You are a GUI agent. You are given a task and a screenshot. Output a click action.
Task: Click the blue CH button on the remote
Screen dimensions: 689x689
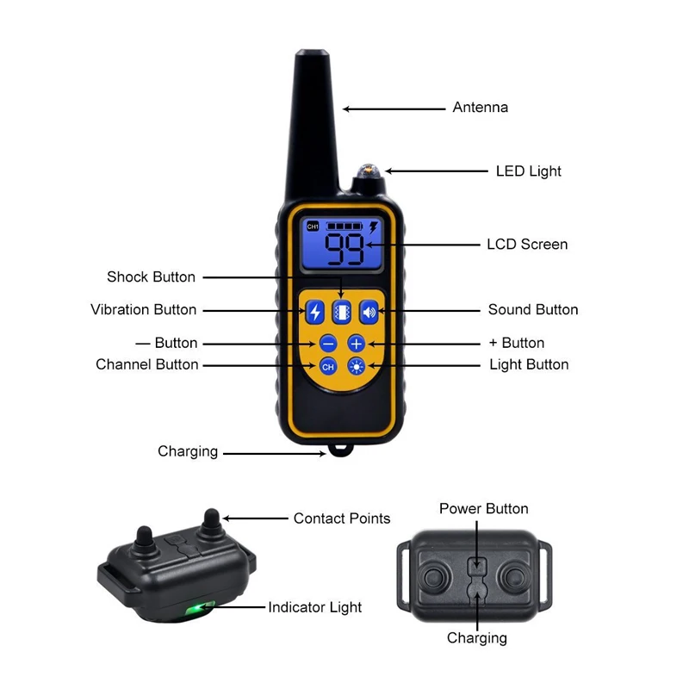[x=327, y=366]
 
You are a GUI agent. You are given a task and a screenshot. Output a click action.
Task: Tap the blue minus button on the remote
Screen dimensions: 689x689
[x=327, y=344]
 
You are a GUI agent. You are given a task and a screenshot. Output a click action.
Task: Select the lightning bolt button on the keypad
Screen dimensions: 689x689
[x=315, y=311]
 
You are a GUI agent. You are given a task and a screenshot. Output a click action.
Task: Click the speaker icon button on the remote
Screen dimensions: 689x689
[x=369, y=311]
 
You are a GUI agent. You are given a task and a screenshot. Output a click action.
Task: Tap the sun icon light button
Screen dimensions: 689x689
[x=357, y=366]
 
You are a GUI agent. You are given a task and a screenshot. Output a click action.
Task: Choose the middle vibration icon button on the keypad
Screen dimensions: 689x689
[x=342, y=311]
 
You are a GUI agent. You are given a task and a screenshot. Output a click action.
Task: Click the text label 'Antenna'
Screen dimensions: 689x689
[x=481, y=108]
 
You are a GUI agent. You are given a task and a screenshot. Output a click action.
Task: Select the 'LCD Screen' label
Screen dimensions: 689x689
[x=527, y=245]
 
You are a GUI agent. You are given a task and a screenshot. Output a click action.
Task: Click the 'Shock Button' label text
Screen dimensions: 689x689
[x=152, y=277]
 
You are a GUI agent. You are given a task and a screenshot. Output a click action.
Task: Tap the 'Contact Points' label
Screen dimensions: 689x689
[x=342, y=518]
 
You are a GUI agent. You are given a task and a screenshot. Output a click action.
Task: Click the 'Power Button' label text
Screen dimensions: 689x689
[x=484, y=509]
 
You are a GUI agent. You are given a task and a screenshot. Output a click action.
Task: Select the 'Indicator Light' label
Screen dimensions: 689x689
[x=315, y=608]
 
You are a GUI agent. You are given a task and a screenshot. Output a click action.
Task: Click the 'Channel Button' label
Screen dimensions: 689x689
[x=147, y=365]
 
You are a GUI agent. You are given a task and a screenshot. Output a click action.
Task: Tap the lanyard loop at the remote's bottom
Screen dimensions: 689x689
[x=337, y=450]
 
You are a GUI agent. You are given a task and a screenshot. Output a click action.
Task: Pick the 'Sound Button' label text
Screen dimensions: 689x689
[x=533, y=310]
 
